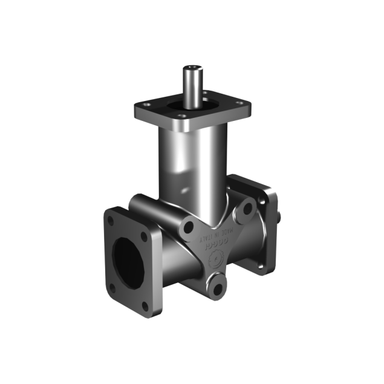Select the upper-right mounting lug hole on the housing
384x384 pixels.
pos(246,209)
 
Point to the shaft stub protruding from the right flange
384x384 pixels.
pos(279,213)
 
